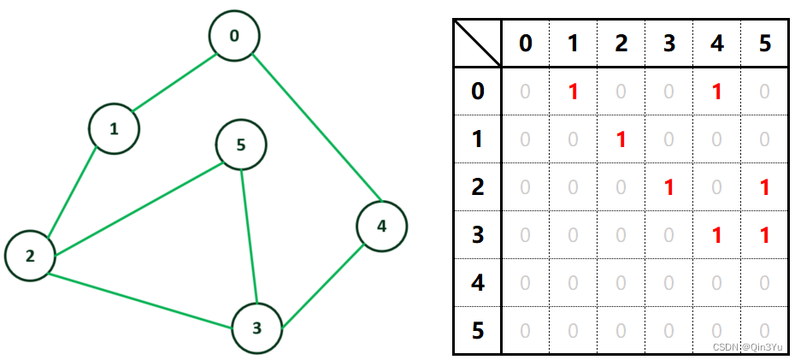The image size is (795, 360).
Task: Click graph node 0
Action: [233, 36]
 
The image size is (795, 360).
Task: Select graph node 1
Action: [114, 129]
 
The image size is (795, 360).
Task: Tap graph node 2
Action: [30, 256]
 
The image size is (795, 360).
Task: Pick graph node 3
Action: [257, 328]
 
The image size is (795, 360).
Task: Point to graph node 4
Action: [381, 227]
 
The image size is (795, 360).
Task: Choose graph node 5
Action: [241, 145]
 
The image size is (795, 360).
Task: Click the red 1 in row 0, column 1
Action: [574, 91]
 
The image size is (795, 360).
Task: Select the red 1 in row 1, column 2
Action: [621, 139]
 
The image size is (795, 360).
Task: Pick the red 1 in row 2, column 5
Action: [764, 187]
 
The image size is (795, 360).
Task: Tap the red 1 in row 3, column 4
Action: [716, 235]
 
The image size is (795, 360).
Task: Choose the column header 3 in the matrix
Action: [668, 44]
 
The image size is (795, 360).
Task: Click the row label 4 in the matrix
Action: [478, 282]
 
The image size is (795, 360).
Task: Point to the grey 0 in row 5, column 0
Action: [526, 330]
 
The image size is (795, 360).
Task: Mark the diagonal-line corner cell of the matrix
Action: [478, 43]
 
